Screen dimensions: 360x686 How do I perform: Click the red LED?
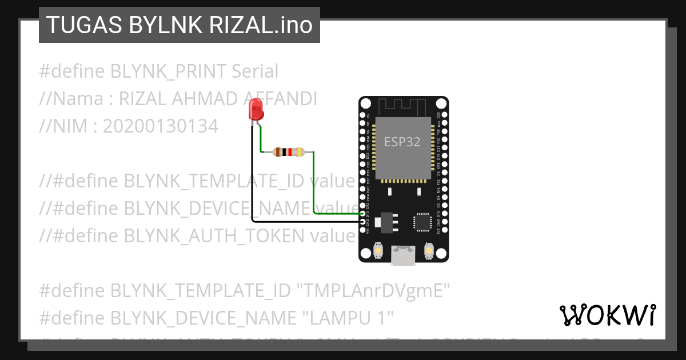[x=256, y=109]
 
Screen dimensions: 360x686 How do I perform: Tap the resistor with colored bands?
[x=289, y=152]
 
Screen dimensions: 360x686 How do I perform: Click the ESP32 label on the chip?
[x=402, y=142]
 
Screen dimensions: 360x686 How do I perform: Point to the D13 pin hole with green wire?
[x=362, y=213]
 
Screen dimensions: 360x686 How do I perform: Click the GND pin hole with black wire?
[x=362, y=220]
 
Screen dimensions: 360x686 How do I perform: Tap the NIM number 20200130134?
[x=160, y=126]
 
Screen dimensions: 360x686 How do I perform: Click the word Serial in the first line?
[x=254, y=71]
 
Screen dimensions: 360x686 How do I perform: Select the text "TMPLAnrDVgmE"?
[x=372, y=291]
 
